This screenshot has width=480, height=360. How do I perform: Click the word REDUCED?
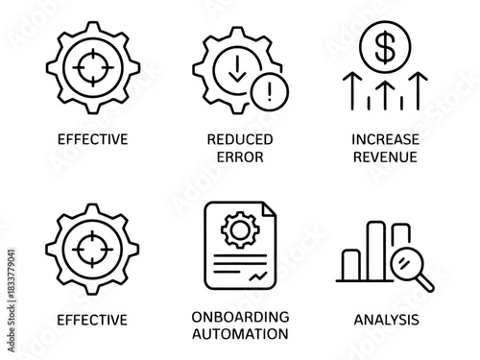(240, 139)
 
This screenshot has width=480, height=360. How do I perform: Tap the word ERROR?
(240, 156)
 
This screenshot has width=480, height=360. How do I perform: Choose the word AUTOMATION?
(240, 335)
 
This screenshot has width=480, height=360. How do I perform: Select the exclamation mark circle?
(269, 93)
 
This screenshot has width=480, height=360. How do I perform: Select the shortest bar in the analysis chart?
(352, 265)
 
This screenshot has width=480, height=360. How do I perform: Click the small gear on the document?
(236, 231)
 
